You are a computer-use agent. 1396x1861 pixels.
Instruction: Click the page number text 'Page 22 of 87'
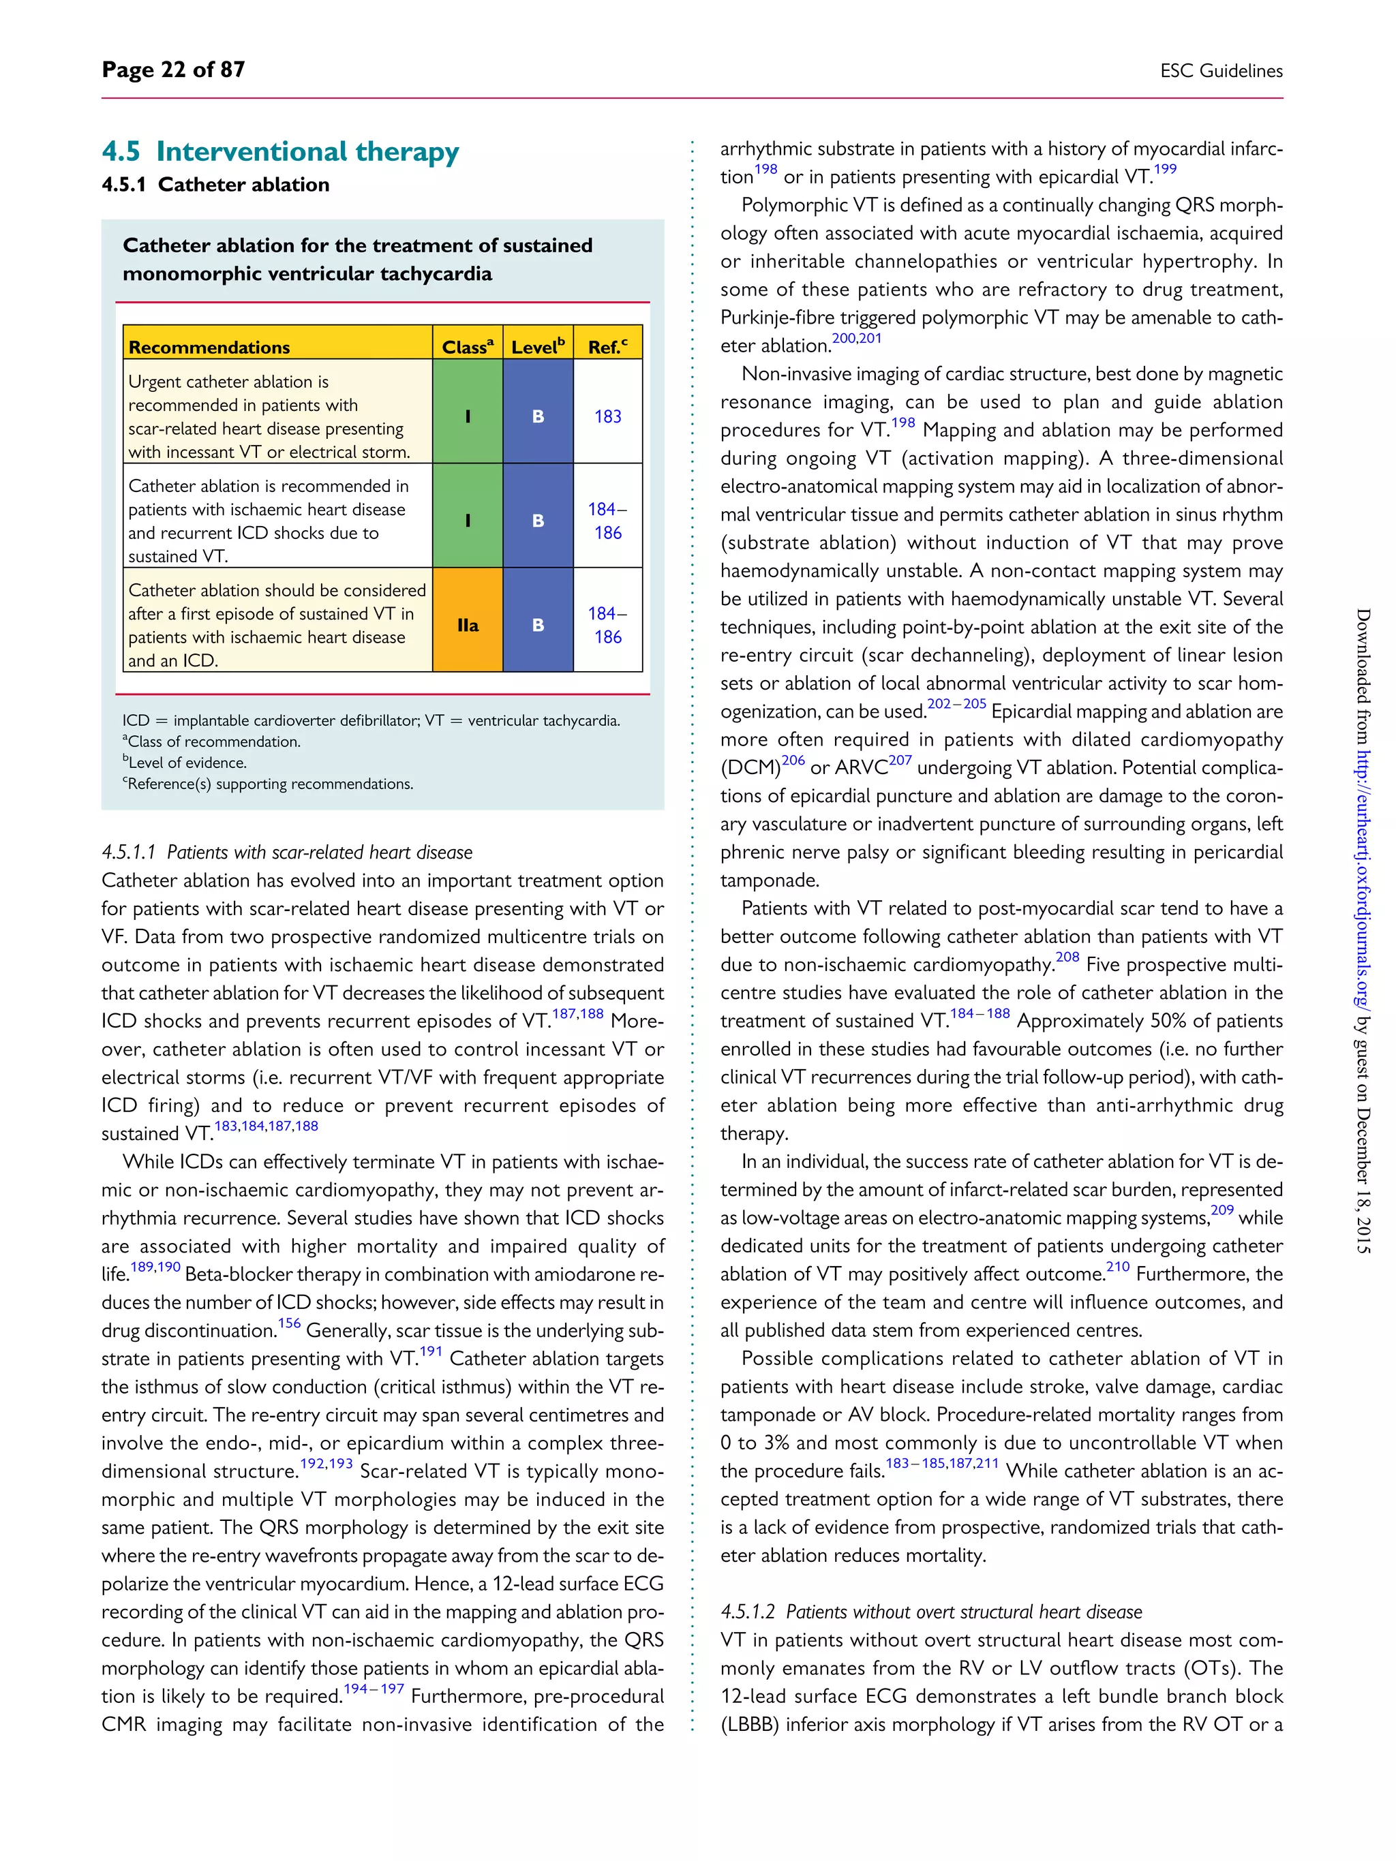[x=173, y=70]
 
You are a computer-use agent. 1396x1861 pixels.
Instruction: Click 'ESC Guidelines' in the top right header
[x=1220, y=72]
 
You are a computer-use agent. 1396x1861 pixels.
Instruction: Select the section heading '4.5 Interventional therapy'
[x=280, y=151]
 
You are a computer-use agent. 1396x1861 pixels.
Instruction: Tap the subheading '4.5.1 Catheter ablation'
[x=215, y=185]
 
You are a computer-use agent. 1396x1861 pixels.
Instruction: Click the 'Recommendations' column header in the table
[x=209, y=348]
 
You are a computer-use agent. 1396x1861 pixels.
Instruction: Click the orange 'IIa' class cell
[x=468, y=625]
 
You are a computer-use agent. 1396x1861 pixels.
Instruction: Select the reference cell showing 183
[x=607, y=416]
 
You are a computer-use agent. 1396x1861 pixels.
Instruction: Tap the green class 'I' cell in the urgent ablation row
[x=468, y=416]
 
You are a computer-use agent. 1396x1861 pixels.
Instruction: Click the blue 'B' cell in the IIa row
[x=538, y=625]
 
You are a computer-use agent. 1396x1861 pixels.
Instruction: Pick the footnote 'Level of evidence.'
[x=186, y=763]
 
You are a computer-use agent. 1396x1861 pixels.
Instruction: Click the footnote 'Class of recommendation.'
[x=212, y=742]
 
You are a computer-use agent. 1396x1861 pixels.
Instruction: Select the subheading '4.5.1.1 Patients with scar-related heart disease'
[x=287, y=852]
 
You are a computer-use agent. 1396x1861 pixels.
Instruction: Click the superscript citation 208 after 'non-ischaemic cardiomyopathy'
[x=1067, y=957]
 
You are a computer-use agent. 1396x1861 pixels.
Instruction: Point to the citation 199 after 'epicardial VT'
[x=1165, y=170]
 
